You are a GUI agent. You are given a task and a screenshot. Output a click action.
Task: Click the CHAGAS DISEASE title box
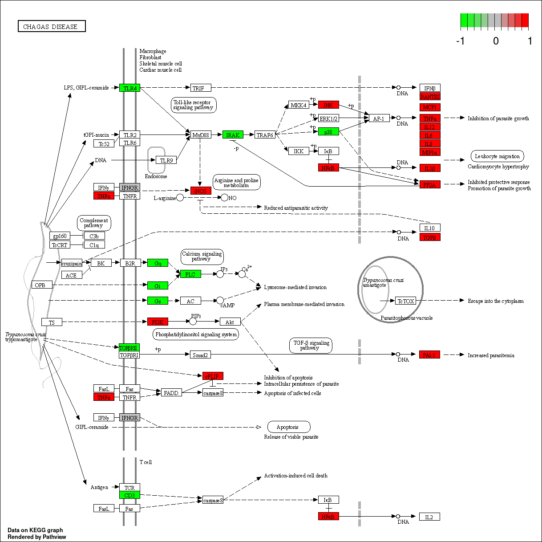tap(52, 27)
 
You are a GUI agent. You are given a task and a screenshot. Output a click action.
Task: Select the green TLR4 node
tap(130, 88)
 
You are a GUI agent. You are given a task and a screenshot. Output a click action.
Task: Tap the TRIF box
tap(201, 88)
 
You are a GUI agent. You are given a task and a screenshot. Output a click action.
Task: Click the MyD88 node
tap(201, 135)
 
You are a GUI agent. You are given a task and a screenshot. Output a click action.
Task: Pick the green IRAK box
tap(233, 135)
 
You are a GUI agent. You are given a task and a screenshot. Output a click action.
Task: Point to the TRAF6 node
tap(265, 135)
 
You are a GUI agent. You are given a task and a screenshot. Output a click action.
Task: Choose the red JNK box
tap(328, 105)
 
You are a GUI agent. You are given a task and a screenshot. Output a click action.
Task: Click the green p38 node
tap(328, 132)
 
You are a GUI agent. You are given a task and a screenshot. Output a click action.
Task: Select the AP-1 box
tap(379, 118)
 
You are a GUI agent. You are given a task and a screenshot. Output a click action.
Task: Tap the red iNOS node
tap(201, 191)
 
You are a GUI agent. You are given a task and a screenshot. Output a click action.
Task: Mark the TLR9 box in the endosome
tap(166, 160)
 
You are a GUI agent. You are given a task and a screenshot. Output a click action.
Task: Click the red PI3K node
tap(158, 322)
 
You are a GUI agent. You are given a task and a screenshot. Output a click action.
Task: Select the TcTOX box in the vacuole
tap(405, 301)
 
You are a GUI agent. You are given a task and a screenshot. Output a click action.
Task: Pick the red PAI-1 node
tap(429, 355)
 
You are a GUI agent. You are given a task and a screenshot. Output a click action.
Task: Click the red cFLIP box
tap(213, 376)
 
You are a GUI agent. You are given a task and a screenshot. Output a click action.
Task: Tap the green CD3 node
tap(129, 495)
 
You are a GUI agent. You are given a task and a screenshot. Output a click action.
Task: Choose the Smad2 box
tap(200, 355)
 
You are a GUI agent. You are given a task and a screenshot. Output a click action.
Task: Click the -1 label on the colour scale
tap(461, 41)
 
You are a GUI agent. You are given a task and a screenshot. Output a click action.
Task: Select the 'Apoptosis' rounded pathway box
tap(288, 427)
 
